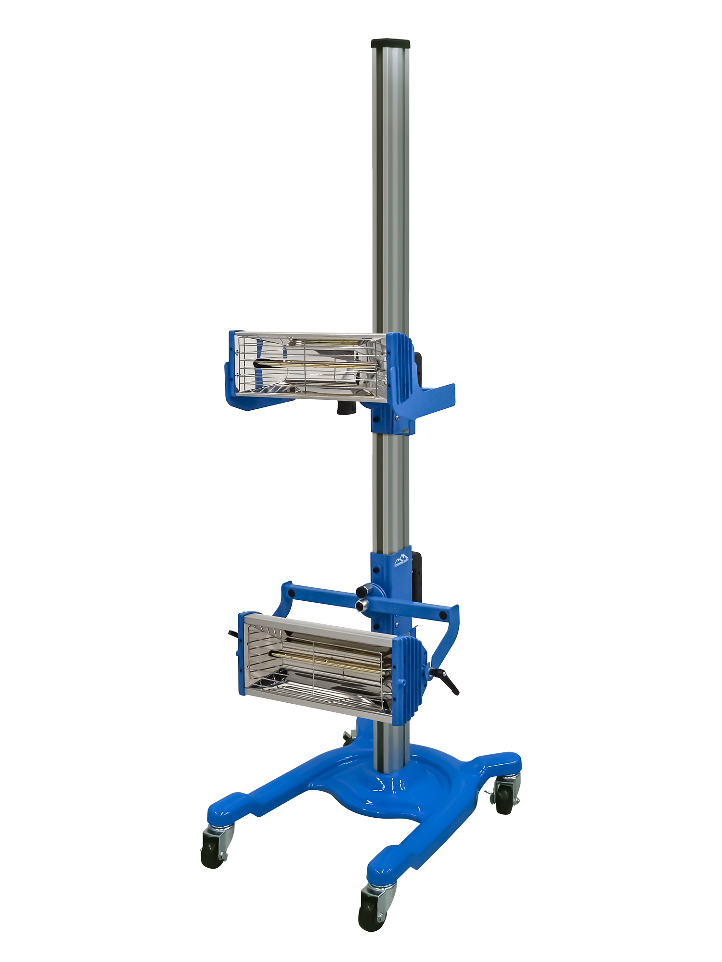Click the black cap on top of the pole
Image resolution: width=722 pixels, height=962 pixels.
coord(390,44)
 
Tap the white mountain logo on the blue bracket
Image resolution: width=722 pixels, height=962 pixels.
coord(400,560)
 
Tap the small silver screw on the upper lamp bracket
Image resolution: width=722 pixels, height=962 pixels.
coord(398,418)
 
